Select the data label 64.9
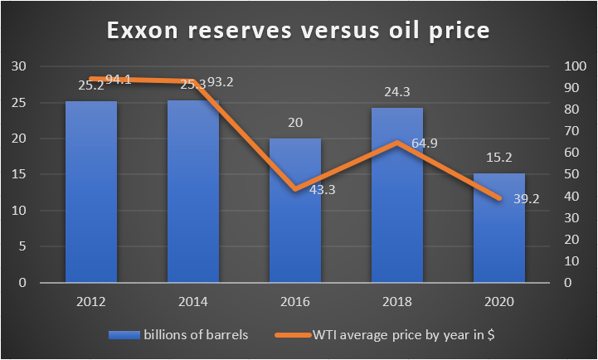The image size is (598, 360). click(423, 143)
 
